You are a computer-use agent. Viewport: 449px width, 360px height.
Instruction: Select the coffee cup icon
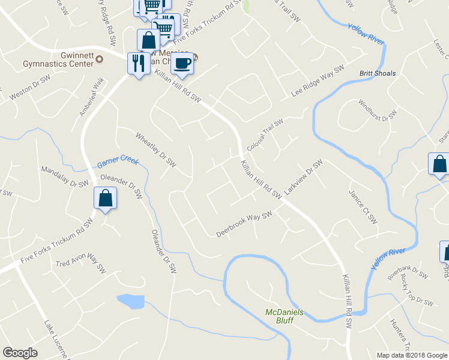click(182, 63)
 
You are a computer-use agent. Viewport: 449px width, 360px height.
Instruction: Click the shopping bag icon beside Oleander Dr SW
click(106, 199)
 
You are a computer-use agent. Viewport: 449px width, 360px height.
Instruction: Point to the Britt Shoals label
click(378, 73)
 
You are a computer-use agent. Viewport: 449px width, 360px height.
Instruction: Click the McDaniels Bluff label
click(285, 316)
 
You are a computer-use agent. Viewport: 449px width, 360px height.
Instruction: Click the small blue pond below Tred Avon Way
click(131, 301)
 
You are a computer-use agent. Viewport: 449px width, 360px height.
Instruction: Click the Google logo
click(20, 352)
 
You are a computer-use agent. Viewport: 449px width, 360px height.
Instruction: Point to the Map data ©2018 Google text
click(412, 355)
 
